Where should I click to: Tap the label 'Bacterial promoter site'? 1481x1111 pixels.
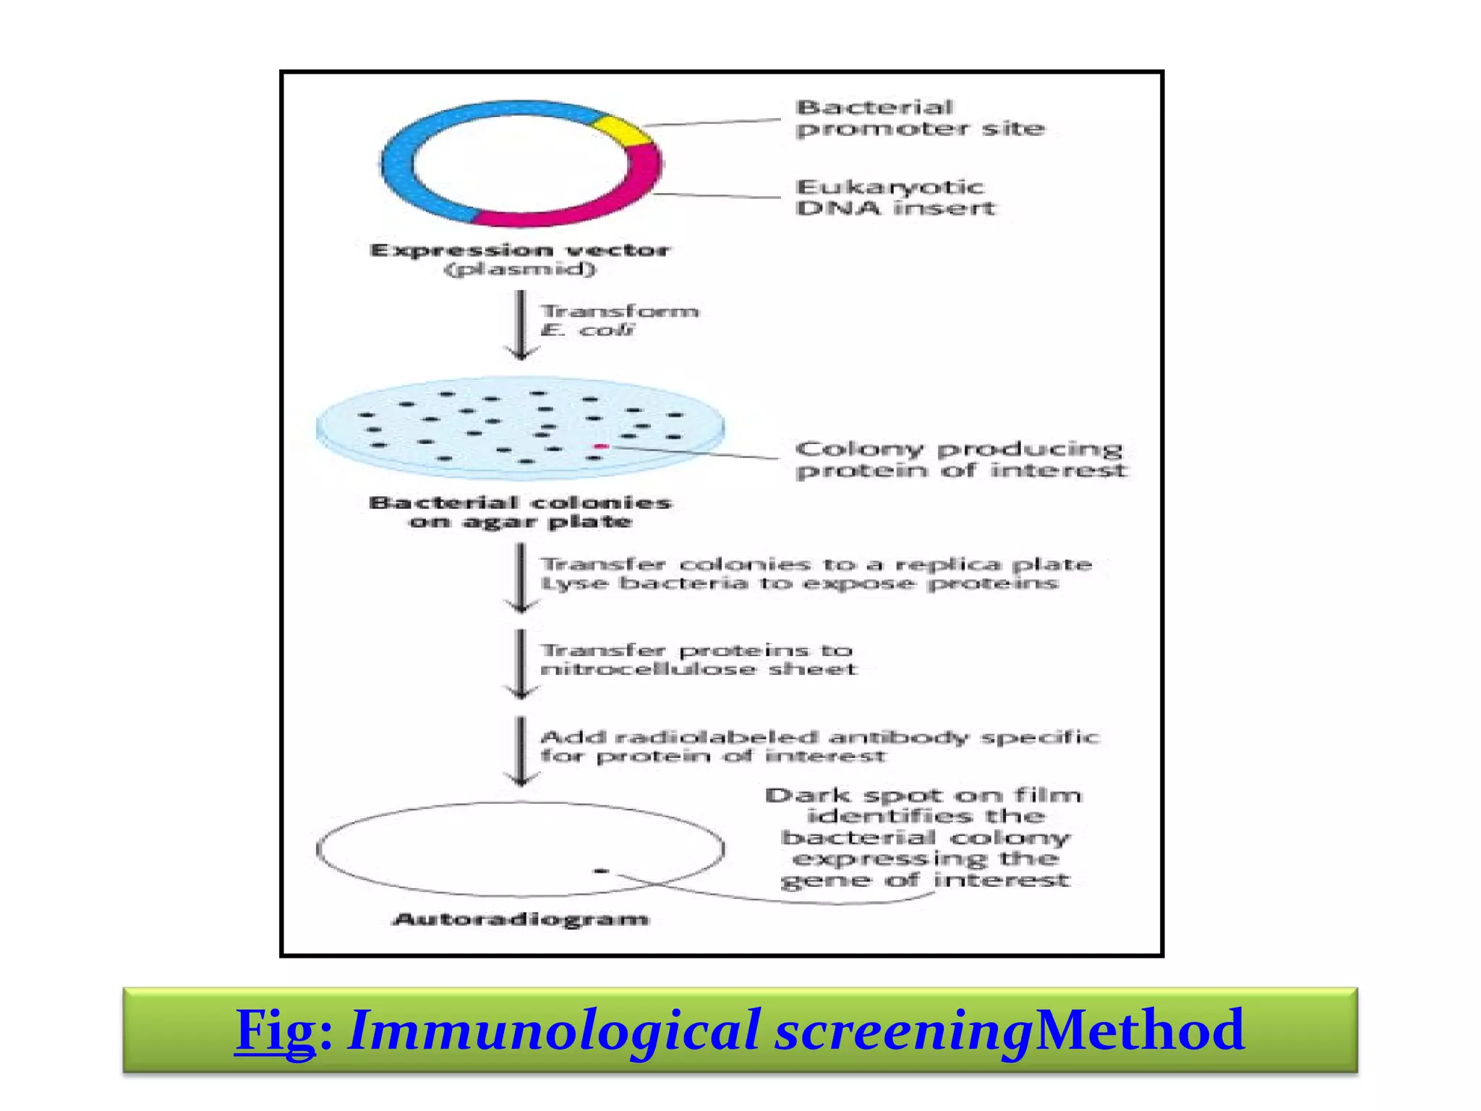pyautogui.click(x=919, y=119)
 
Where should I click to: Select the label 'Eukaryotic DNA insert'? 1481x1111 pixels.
pyautogui.click(x=895, y=197)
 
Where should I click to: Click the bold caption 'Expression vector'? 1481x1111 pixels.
pyautogui.click(x=520, y=250)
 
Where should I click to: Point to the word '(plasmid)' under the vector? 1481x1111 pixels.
pyautogui.click(x=520, y=270)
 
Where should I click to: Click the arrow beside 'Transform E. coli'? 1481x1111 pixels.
pyautogui.click(x=521, y=325)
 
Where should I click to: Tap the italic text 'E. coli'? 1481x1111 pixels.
pyautogui.click(x=586, y=331)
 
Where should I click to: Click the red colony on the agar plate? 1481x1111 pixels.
pyautogui.click(x=600, y=446)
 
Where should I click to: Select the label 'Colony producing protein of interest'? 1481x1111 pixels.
pyautogui.click(x=960, y=459)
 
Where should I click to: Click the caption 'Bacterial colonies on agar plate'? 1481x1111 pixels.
pyautogui.click(x=520, y=512)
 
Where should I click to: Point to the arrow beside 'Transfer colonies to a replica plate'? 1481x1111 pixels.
pyautogui.click(x=521, y=578)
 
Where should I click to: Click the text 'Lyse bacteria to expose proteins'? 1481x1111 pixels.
pyautogui.click(x=799, y=584)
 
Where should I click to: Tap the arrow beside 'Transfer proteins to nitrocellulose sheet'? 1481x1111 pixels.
pyautogui.click(x=521, y=664)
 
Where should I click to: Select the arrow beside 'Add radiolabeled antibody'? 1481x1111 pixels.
pyautogui.click(x=521, y=751)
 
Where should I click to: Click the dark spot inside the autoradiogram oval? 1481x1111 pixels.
pyautogui.click(x=600, y=871)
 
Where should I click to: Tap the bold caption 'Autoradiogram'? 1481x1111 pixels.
pyautogui.click(x=520, y=919)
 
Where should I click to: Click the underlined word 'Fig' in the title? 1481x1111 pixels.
pyautogui.click(x=275, y=1030)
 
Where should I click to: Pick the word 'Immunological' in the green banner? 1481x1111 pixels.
pyautogui.click(x=553, y=1030)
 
